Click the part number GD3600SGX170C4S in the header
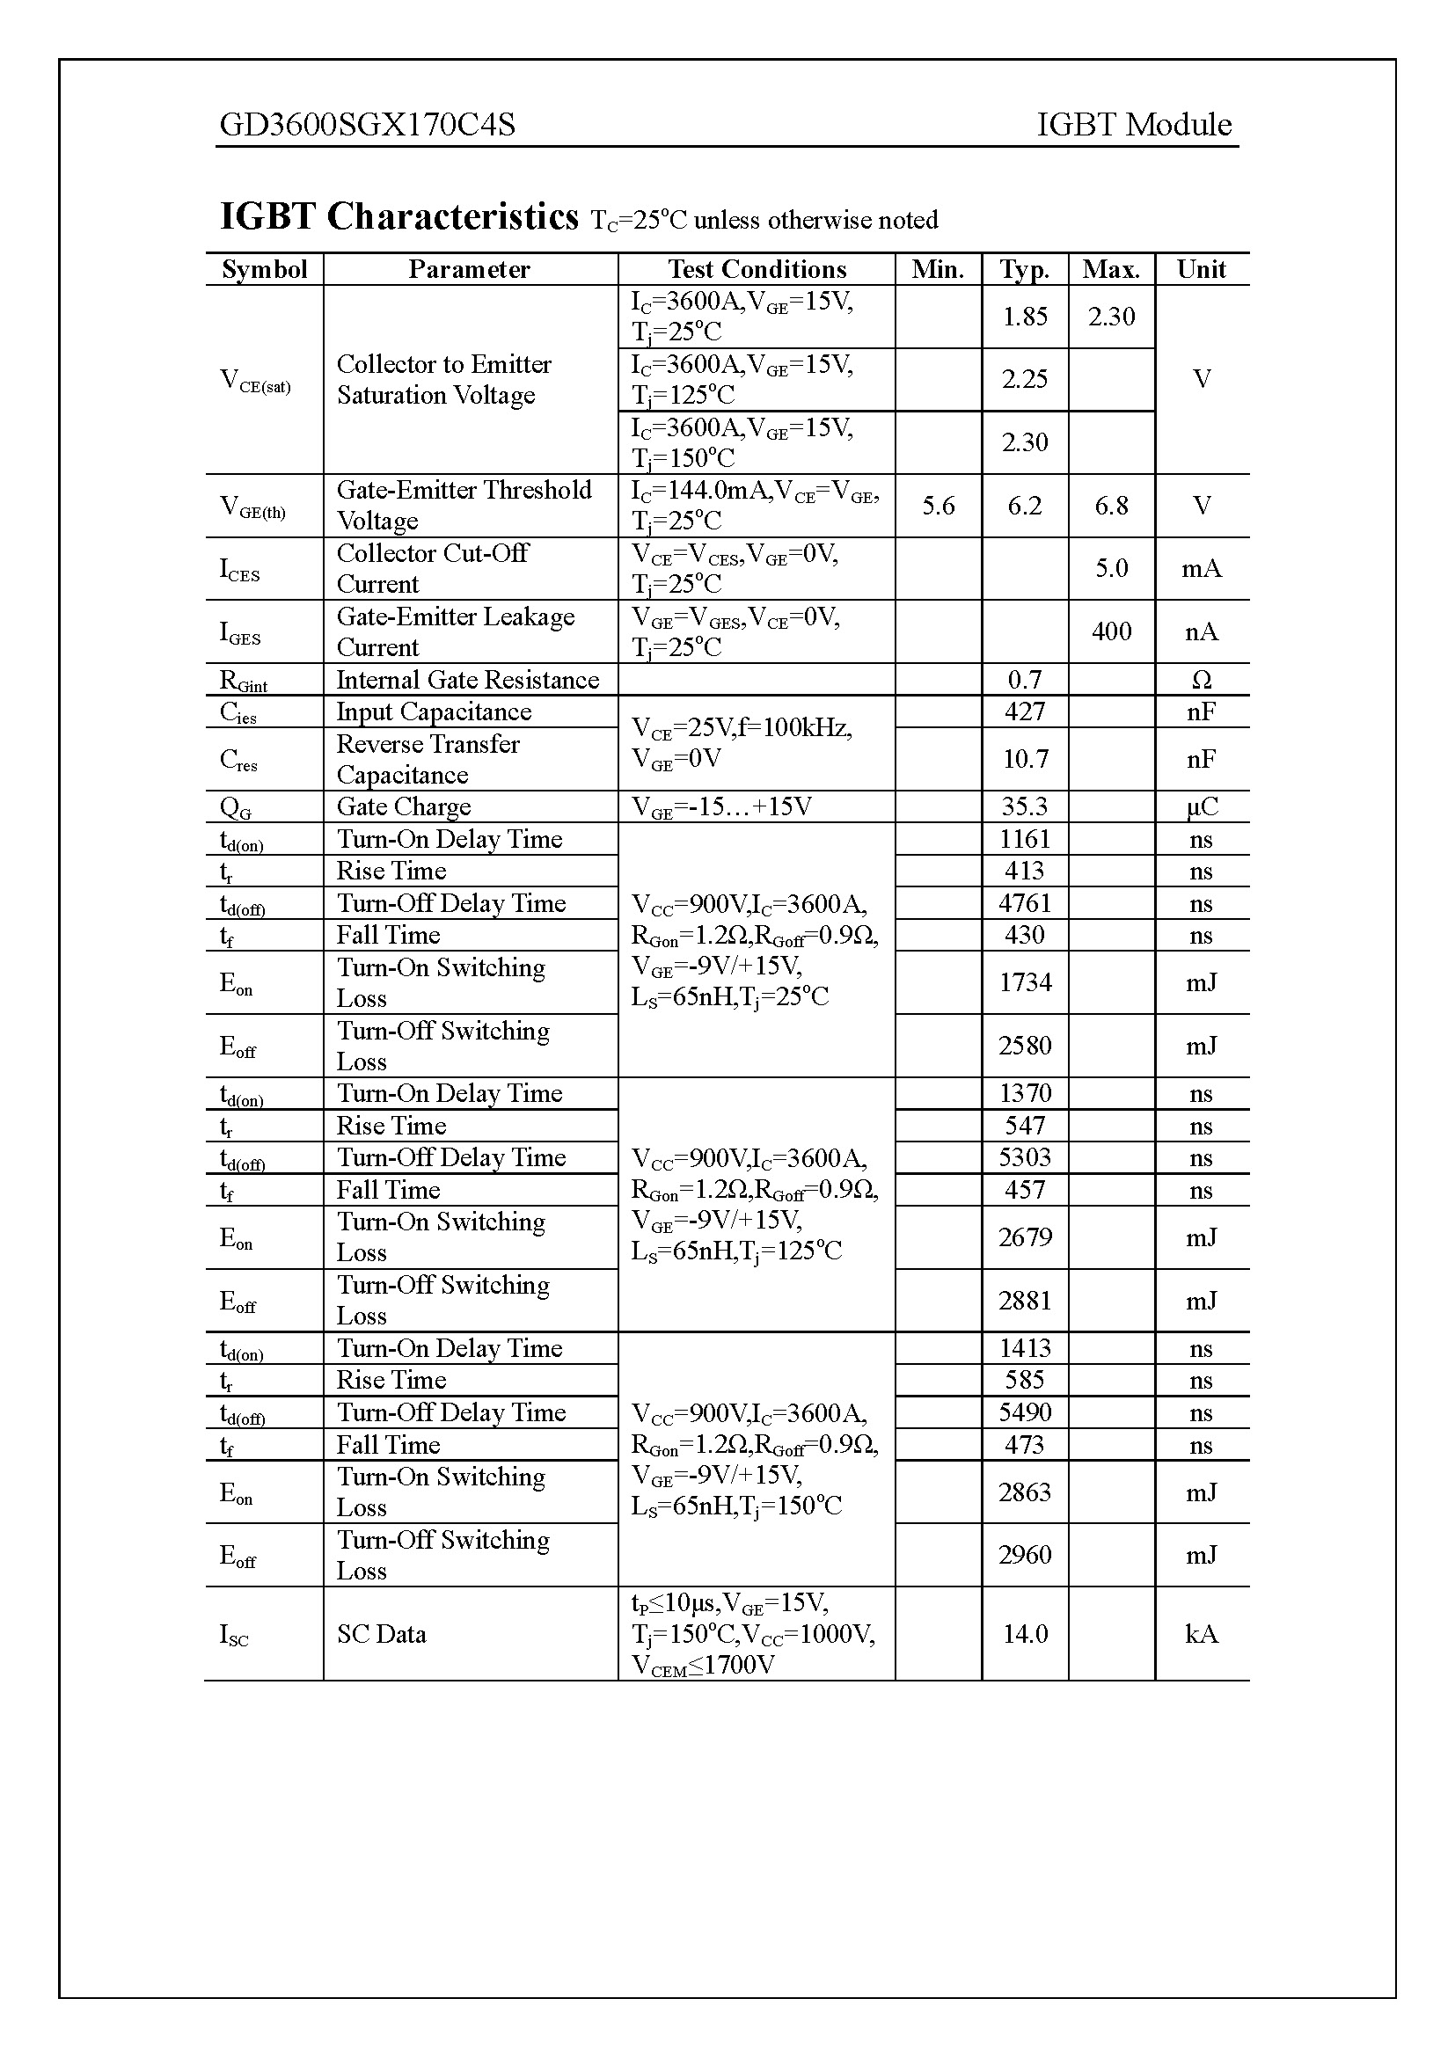368,125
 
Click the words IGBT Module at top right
1133,125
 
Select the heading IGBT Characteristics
399,217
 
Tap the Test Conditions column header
757,270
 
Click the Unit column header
1201,270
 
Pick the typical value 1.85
1025,317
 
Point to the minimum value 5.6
938,507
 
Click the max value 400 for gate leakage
1111,631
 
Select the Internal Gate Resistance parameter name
468,680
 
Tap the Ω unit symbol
1201,680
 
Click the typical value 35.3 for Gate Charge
1025,806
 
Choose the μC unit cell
1201,806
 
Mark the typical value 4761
1025,903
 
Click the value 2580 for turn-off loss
1025,1046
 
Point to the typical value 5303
1025,1157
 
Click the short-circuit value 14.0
1025,1634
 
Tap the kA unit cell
1201,1634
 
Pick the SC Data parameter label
382,1634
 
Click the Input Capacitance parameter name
434,711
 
